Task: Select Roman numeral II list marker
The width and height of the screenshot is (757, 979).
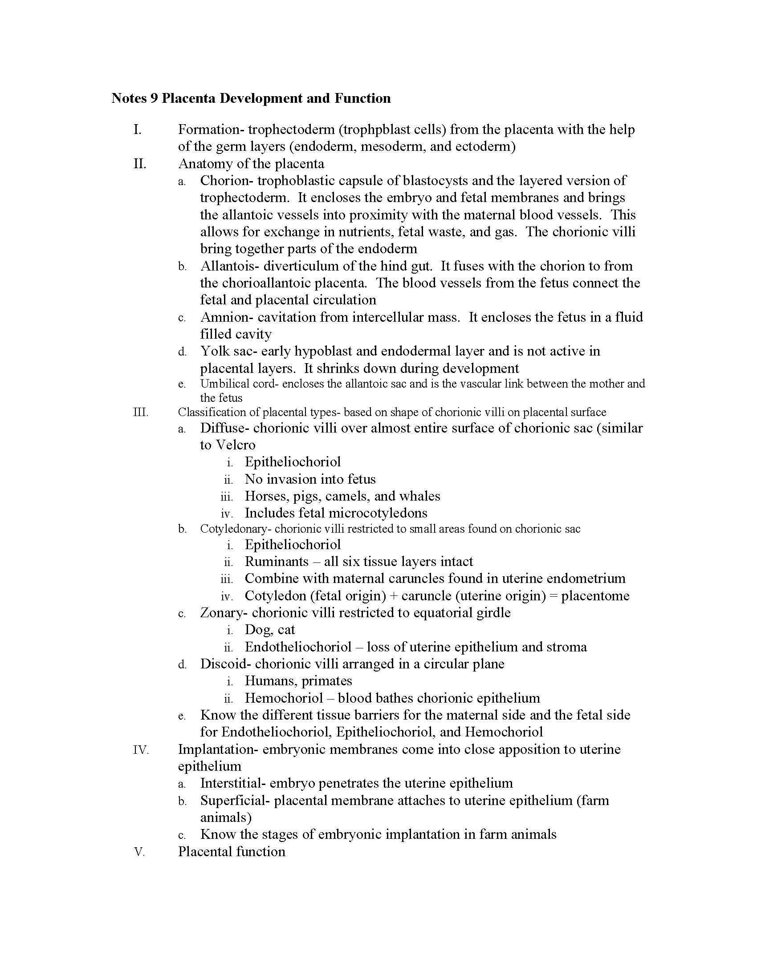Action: click(139, 164)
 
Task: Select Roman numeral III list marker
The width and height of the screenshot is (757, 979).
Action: click(140, 412)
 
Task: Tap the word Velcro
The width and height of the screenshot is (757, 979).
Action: click(236, 445)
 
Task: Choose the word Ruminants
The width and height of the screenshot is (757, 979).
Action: click(277, 562)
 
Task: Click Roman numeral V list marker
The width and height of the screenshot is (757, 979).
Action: click(139, 852)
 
